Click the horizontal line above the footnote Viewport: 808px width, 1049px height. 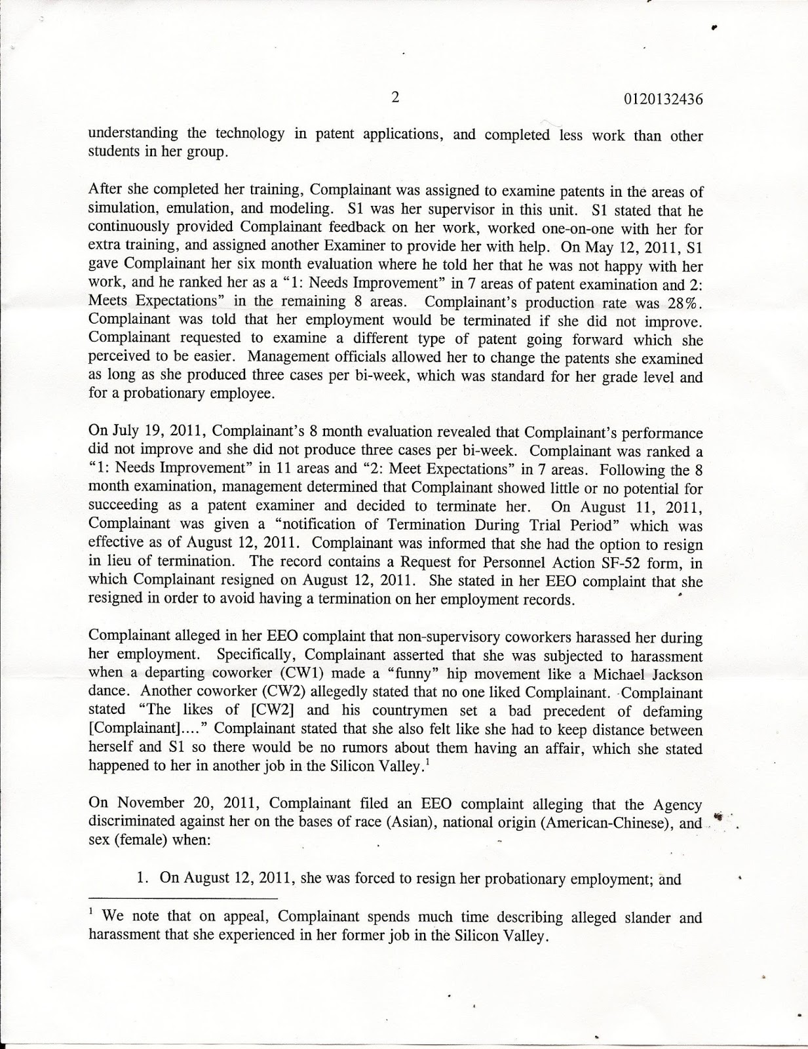183,898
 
